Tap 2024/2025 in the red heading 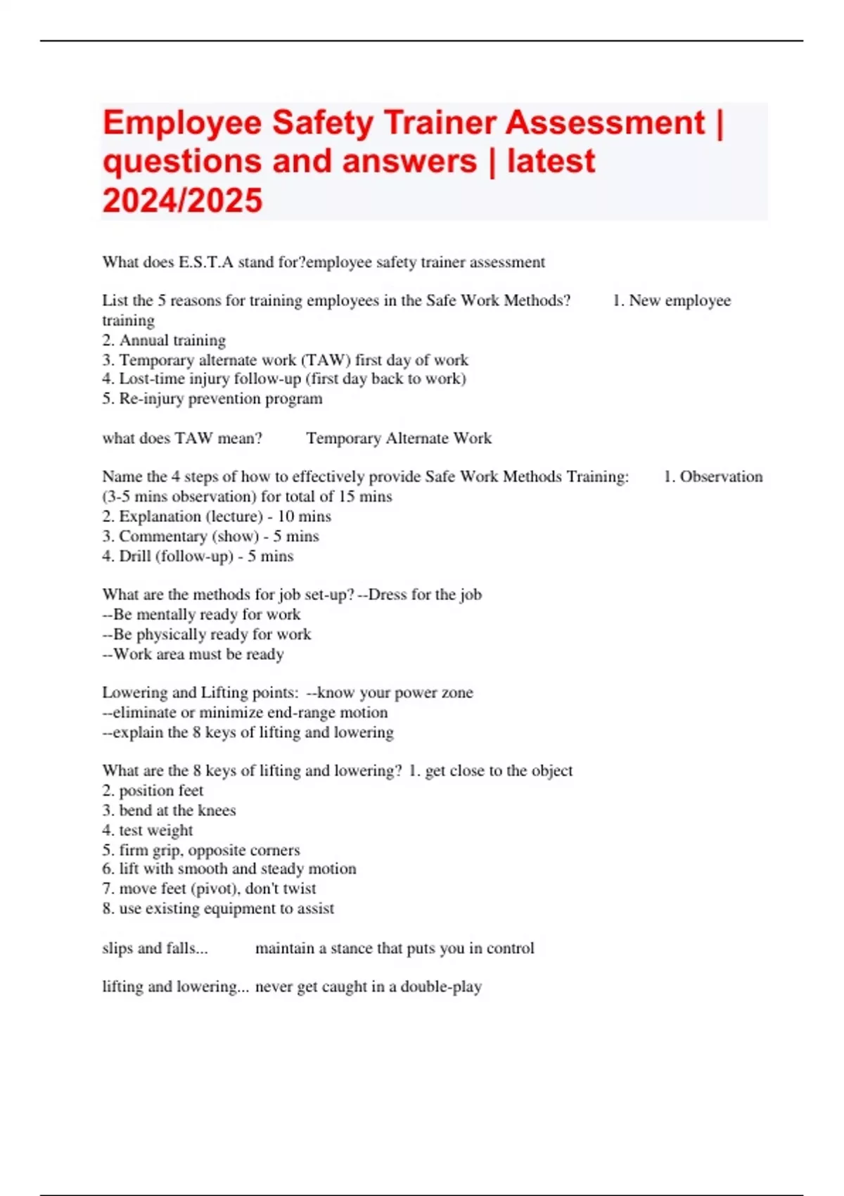(x=182, y=201)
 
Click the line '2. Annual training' (x=164, y=341)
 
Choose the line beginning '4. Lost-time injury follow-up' (x=283, y=379)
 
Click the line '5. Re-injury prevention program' (x=212, y=399)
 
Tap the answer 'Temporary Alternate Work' (x=399, y=438)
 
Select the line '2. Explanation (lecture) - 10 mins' (x=216, y=516)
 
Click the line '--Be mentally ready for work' (x=201, y=614)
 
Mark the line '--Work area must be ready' (x=193, y=654)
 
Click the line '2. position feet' (x=153, y=791)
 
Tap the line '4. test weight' (x=147, y=830)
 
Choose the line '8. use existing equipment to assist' (x=218, y=908)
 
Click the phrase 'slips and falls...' (x=155, y=948)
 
